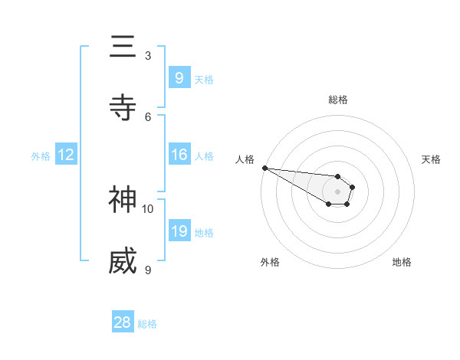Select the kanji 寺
[123, 108]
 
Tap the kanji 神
[123, 200]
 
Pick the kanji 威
[123, 261]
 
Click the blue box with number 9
[179, 77]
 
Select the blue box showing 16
[179, 155]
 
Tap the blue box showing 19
[179, 231]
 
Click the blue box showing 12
[66, 155]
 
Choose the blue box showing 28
[123, 322]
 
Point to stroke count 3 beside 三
[148, 55]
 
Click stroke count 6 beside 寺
[148, 116]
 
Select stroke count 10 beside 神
[148, 208]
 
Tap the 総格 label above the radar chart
[338, 100]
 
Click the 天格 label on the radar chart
[431, 159]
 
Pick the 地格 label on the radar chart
[402, 262]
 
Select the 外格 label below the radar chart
[270, 262]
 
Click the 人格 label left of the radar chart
[245, 159]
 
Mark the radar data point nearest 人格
[264, 168]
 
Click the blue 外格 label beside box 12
[41, 155]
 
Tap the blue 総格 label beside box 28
[147, 324]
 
